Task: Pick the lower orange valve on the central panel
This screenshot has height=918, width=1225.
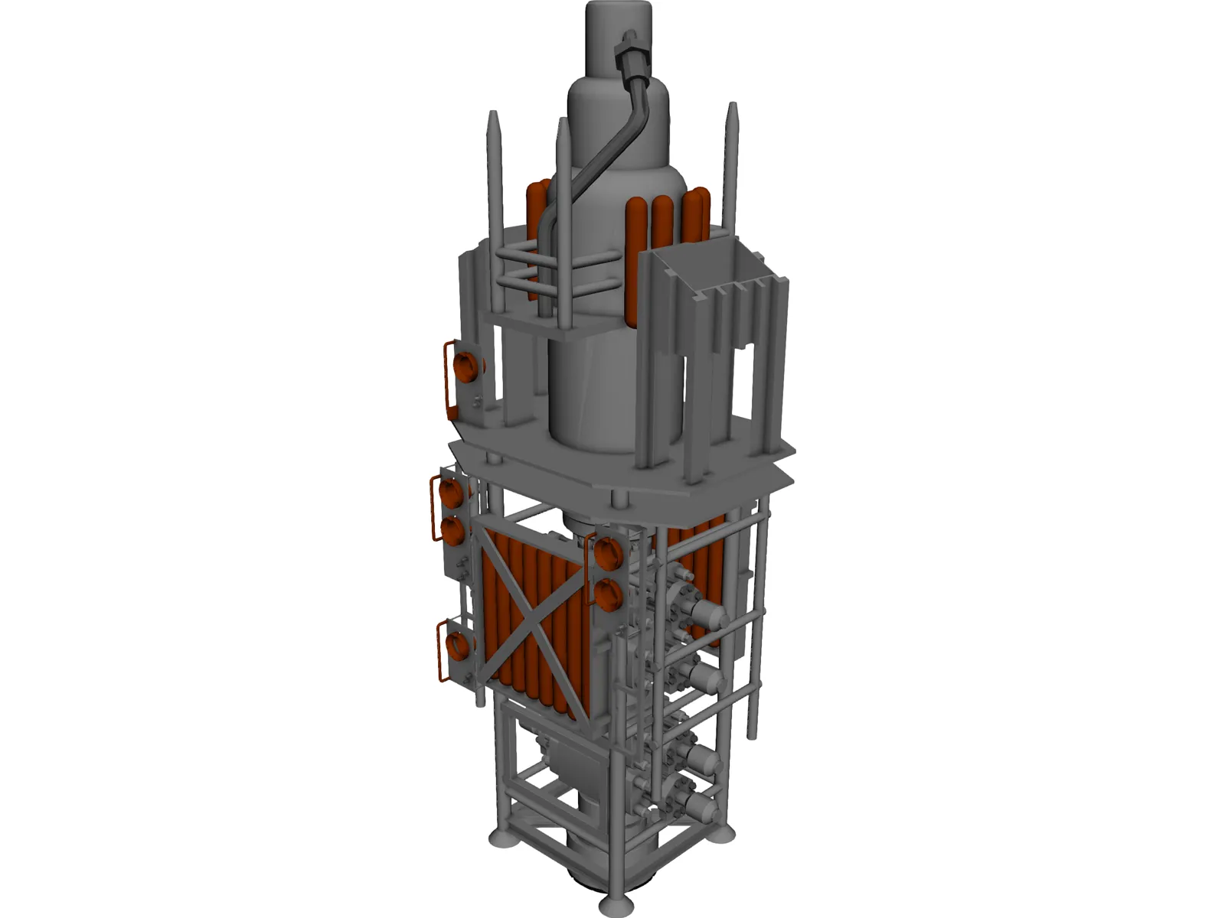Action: tap(608, 594)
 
